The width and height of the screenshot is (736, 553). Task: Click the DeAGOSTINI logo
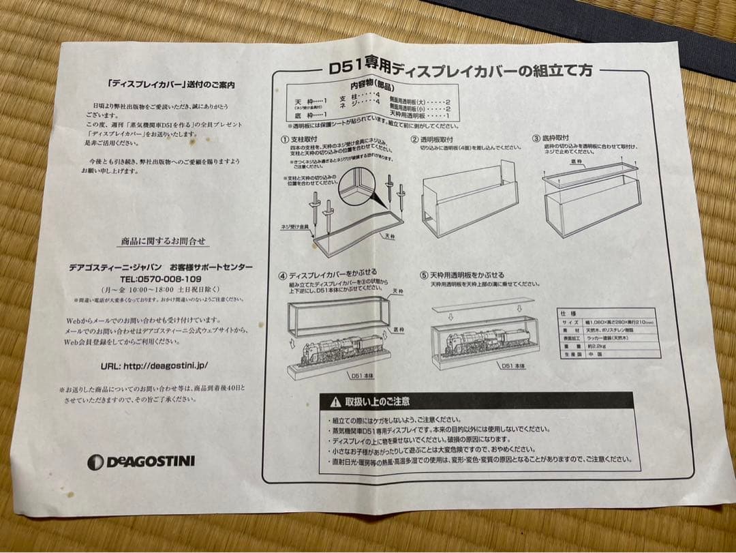(x=141, y=462)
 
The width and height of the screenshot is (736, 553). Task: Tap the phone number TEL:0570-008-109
(x=160, y=279)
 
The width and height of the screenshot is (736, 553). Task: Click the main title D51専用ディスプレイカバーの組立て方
(x=460, y=69)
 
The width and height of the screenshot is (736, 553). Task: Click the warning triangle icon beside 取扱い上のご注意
(x=335, y=402)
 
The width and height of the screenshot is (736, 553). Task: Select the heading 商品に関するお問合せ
(x=164, y=241)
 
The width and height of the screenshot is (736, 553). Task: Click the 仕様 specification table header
(x=563, y=312)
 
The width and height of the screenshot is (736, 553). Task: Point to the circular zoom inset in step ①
(x=358, y=182)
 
